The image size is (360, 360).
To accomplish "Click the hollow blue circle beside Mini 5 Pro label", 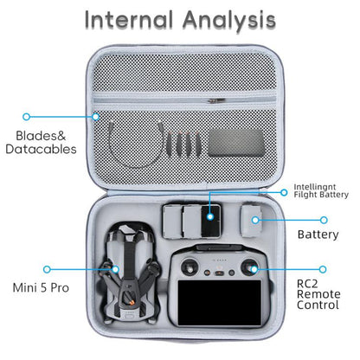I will [x=46, y=269].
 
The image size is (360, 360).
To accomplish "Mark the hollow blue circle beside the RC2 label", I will [x=323, y=269].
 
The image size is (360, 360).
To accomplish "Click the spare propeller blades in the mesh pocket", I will [x=178, y=139].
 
